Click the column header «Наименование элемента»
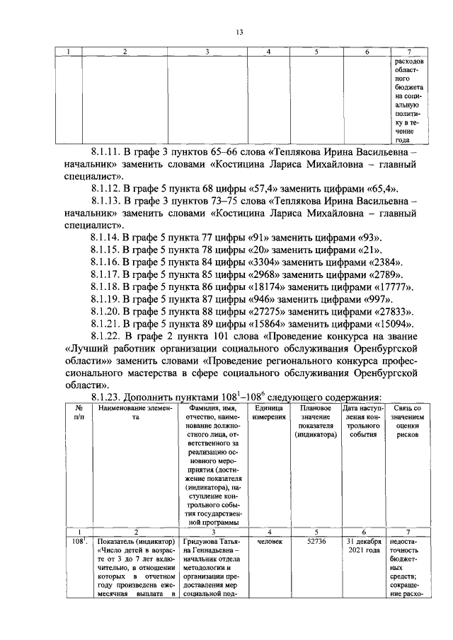pos(125,412)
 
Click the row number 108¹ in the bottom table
pos(69,542)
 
